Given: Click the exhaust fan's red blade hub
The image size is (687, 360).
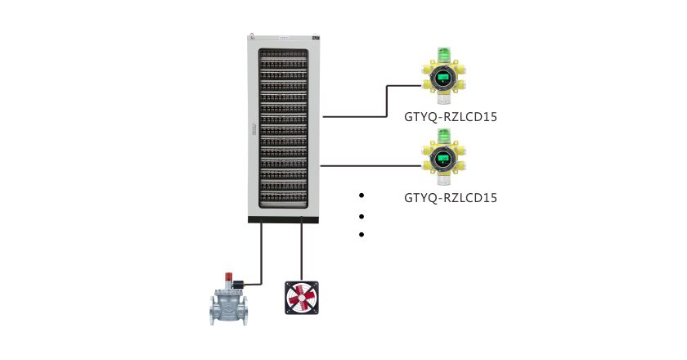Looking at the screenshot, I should click(x=301, y=299).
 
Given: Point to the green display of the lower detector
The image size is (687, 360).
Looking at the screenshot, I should click(x=444, y=159).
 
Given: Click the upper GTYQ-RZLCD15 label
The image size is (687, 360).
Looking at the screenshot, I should click(x=451, y=116).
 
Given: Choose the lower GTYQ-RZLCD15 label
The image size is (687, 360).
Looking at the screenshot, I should click(x=451, y=197).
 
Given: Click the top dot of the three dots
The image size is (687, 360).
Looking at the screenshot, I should click(x=361, y=196).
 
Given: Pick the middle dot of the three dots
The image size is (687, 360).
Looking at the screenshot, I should click(x=361, y=217).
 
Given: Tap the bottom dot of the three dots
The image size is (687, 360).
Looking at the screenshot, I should click(x=361, y=236).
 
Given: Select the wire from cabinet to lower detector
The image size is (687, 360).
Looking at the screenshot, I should click(x=368, y=165).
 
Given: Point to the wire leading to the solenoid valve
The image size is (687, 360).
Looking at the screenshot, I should click(x=262, y=254).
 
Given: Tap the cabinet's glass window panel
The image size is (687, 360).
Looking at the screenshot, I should click(x=283, y=131).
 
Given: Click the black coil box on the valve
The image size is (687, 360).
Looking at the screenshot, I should click(x=237, y=286).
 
